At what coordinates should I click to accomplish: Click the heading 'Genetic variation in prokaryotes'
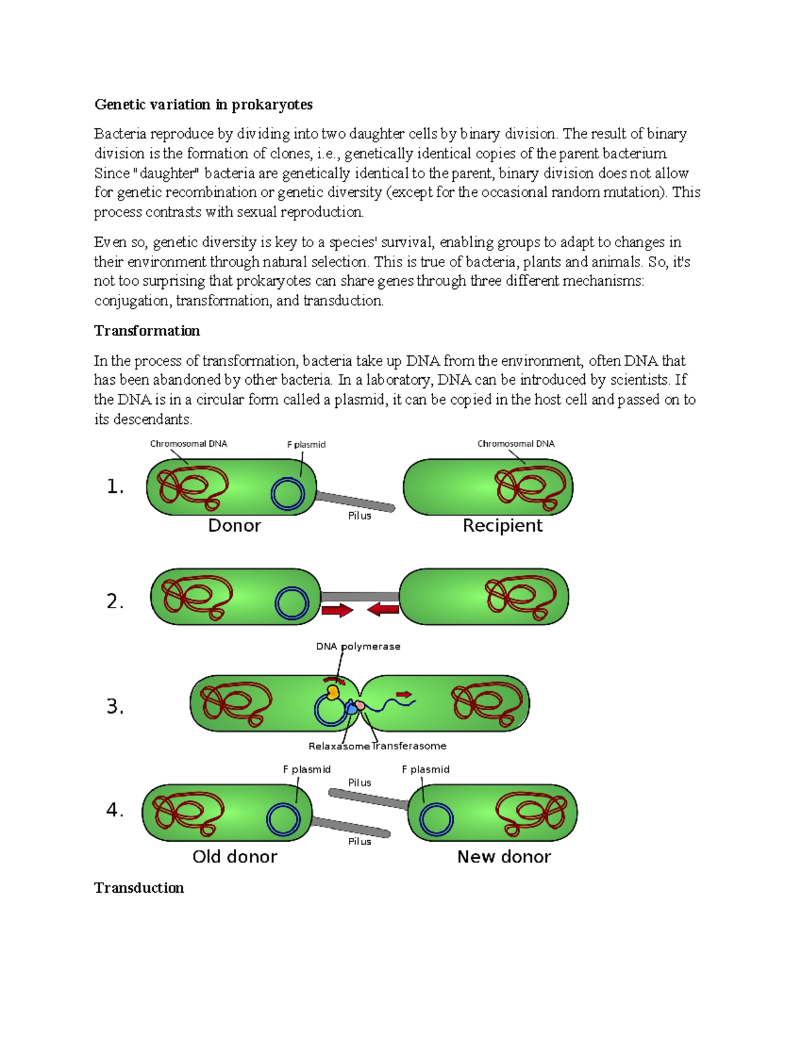click(x=203, y=105)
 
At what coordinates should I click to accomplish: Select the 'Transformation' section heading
click(x=147, y=331)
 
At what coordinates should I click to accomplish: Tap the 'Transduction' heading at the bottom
click(x=139, y=888)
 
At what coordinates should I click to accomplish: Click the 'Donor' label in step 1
click(x=235, y=526)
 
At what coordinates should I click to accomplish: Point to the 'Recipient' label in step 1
click(x=503, y=526)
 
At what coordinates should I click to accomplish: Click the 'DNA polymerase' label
click(x=358, y=646)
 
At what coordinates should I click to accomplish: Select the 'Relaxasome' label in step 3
click(x=339, y=747)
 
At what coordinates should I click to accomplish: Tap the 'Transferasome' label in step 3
click(x=410, y=747)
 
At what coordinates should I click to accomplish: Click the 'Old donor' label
click(x=235, y=857)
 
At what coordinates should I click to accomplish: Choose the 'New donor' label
click(x=504, y=857)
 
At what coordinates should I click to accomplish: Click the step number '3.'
click(x=116, y=706)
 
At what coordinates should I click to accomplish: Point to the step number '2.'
click(x=116, y=602)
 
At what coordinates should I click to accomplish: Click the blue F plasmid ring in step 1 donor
click(x=288, y=494)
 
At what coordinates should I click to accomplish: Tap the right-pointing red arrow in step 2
click(x=338, y=610)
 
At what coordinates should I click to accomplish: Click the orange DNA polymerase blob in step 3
click(x=332, y=691)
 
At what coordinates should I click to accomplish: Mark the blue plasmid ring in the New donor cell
click(x=436, y=819)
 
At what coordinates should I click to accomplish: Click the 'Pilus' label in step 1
click(x=360, y=516)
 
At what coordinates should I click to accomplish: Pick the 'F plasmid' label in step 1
click(x=306, y=445)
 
